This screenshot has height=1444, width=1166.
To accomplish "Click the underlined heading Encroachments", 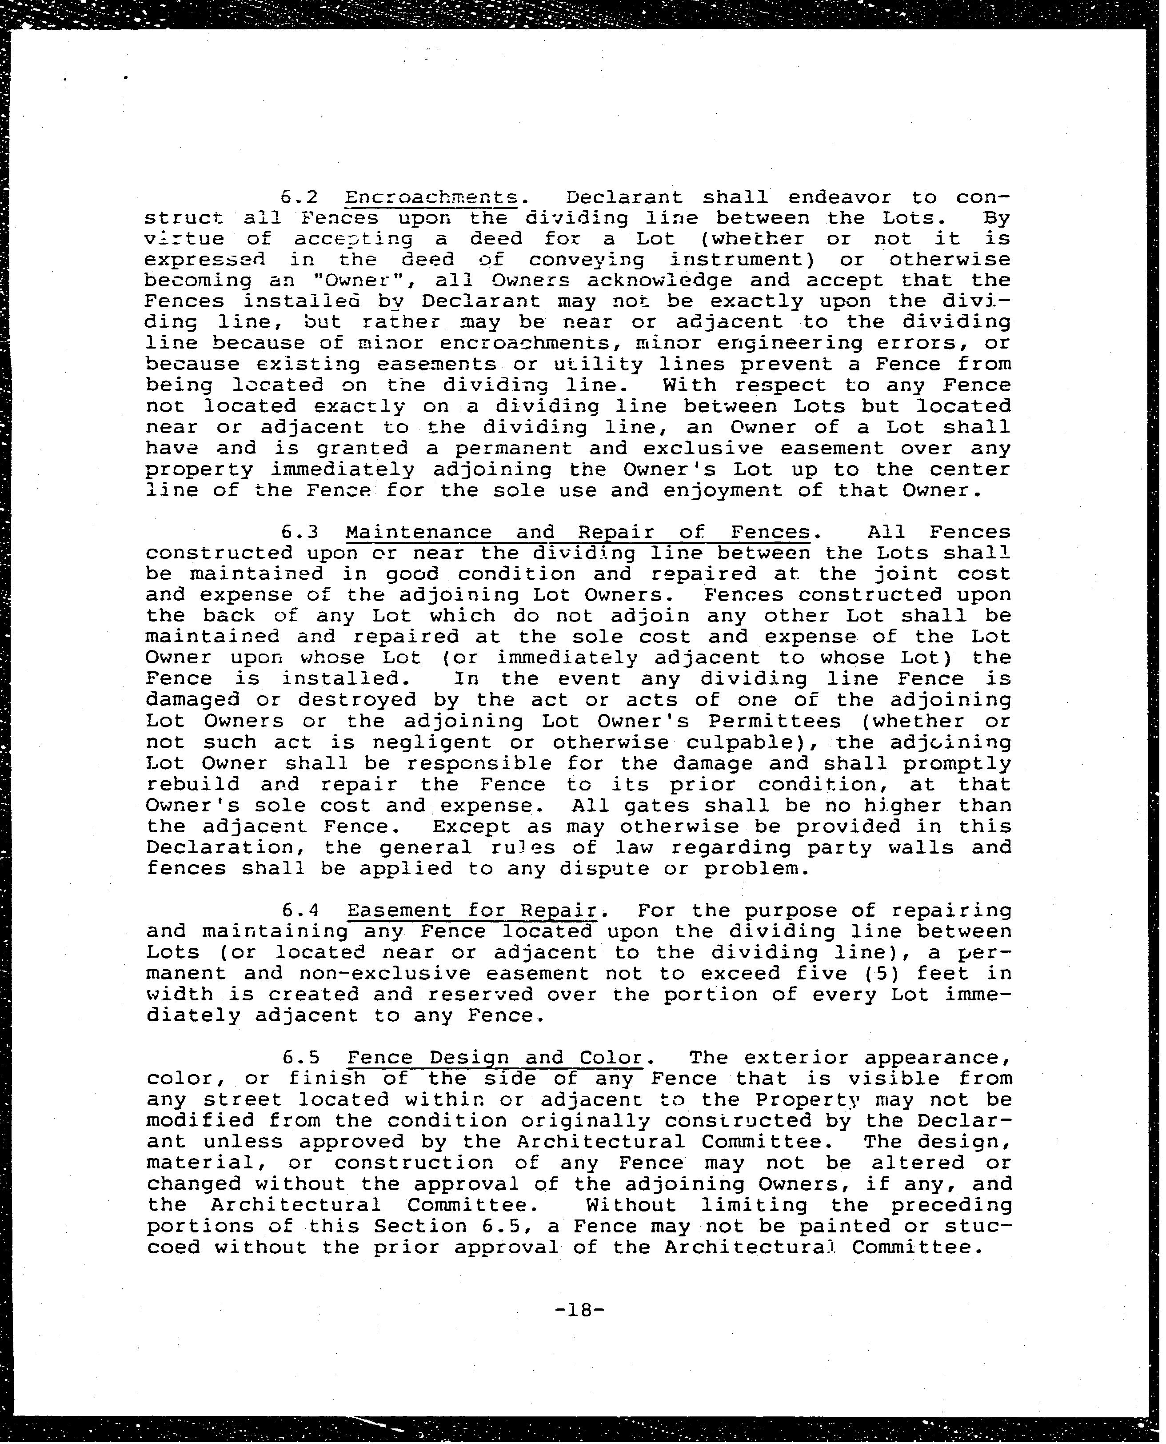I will pos(431,197).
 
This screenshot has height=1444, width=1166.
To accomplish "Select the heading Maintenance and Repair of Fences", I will pos(578,532).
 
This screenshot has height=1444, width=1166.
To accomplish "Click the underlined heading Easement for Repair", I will pos(471,911).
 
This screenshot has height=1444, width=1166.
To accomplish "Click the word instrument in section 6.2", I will pos(753,259).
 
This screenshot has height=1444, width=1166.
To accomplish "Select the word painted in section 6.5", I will pos(842,1226).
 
